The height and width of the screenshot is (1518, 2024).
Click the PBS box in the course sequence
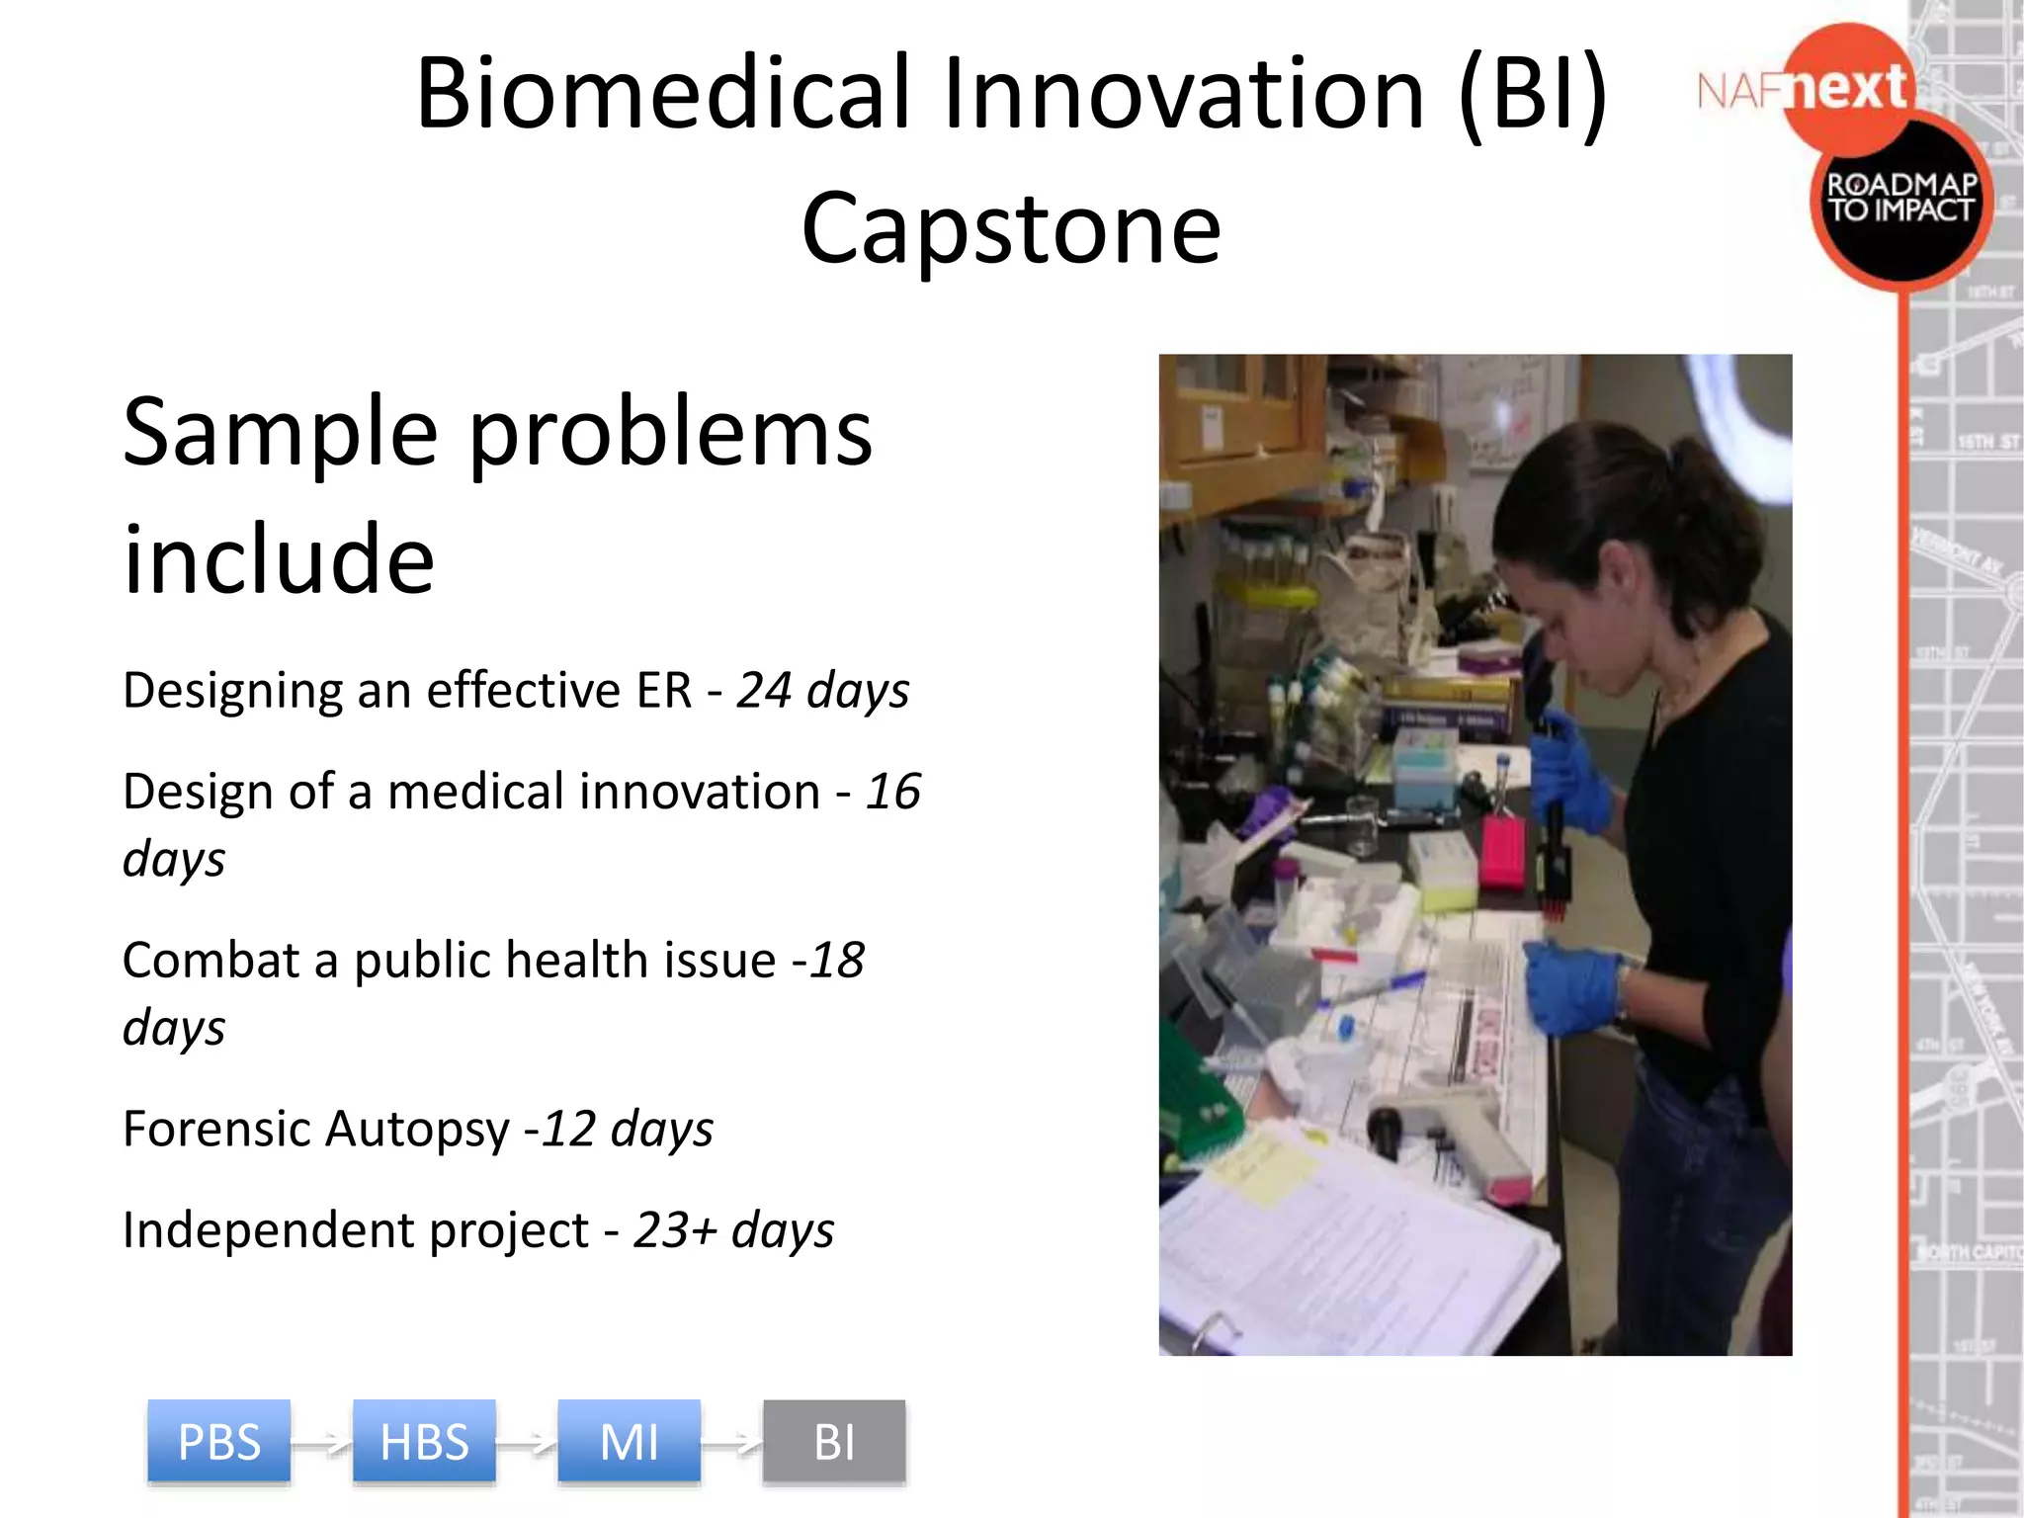(218, 1441)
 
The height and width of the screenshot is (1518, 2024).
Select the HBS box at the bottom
(424, 1441)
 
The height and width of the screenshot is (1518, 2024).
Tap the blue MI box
(629, 1441)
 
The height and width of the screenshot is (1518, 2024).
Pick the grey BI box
(834, 1441)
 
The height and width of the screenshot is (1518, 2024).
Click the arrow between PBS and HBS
(322, 1445)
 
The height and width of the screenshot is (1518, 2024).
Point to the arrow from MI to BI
(732, 1445)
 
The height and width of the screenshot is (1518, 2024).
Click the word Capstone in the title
(1011, 229)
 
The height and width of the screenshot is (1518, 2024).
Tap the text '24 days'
(822, 690)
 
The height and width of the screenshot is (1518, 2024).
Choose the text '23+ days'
(733, 1230)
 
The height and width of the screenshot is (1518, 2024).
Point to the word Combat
(211, 960)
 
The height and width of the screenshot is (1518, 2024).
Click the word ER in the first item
(664, 690)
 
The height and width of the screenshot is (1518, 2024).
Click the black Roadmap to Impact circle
(1900, 203)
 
